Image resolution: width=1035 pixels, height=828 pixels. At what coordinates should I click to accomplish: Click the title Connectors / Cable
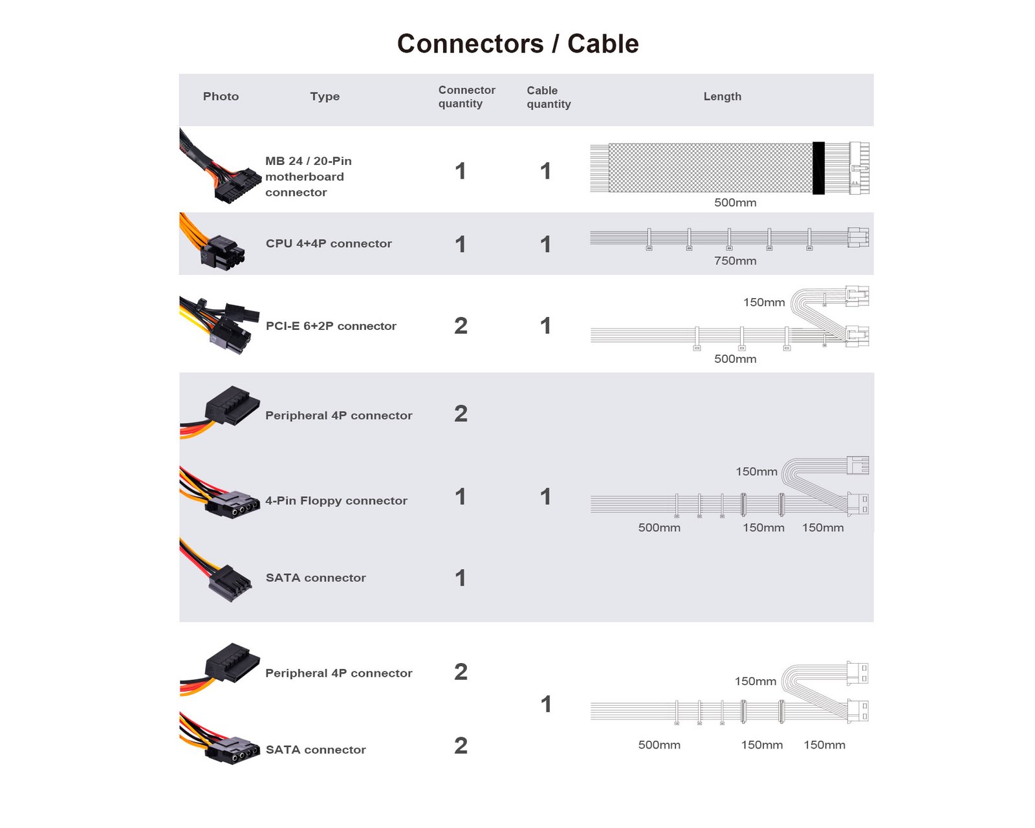click(517, 44)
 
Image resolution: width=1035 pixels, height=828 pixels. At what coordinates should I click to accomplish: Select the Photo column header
click(221, 96)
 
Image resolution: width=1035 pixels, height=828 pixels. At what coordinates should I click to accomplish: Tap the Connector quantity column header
click(466, 96)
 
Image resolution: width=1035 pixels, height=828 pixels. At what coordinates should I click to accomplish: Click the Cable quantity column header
click(549, 97)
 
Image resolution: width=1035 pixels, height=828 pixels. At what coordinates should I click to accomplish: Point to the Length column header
click(722, 96)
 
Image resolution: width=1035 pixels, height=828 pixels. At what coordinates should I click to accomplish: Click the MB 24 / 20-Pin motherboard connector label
click(309, 176)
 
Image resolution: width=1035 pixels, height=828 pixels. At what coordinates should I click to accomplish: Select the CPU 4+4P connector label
click(329, 243)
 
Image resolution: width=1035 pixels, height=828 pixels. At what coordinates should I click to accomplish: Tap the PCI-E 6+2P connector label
click(331, 326)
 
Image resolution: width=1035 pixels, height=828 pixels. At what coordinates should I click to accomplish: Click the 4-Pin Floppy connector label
click(336, 501)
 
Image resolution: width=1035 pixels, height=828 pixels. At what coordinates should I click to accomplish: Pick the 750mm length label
click(735, 261)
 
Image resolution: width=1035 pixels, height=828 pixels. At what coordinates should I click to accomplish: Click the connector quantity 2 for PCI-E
click(461, 325)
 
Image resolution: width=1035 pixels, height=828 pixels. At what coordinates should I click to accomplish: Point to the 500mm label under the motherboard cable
click(735, 202)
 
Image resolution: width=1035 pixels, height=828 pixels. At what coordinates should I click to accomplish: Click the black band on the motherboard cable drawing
click(818, 168)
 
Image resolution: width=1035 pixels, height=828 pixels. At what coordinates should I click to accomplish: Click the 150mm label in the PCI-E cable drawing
click(763, 302)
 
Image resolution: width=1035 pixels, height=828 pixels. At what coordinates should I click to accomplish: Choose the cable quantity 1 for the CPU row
click(545, 244)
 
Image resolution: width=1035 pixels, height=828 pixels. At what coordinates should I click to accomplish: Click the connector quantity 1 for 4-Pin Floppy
click(461, 497)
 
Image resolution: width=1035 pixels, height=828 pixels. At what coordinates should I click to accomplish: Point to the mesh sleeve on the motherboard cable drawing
click(710, 168)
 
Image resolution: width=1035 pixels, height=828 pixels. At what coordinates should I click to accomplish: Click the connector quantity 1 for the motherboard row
click(461, 171)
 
